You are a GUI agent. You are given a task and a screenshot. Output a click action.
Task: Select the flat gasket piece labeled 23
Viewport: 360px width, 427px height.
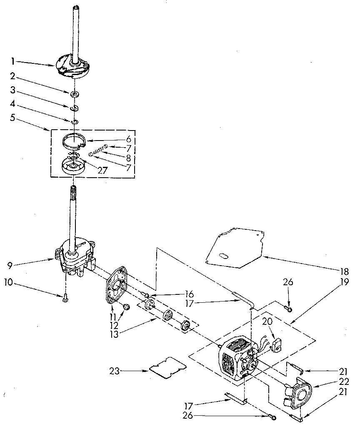click(167, 367)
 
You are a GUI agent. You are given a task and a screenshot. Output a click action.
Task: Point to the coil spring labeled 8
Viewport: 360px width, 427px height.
click(97, 153)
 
